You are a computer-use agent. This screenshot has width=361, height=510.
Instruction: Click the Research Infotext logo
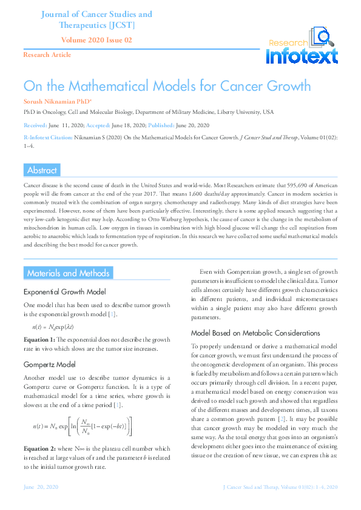pyautogui.click(x=302, y=45)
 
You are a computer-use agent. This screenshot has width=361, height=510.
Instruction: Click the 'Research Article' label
pyautogui.click(x=47, y=55)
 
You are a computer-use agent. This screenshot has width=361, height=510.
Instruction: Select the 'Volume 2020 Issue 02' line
pyautogui.click(x=96, y=40)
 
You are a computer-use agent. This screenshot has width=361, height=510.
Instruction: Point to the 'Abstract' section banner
pyautogui.click(x=42, y=170)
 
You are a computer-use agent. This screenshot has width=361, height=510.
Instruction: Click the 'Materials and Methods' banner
pyautogui.click(x=69, y=273)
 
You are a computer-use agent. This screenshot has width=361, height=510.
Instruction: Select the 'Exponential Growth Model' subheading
pyautogui.click(x=64, y=292)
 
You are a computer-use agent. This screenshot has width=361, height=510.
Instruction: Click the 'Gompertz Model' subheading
pyautogui.click(x=50, y=365)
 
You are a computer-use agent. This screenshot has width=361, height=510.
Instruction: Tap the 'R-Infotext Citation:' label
pyautogui.click(x=50, y=139)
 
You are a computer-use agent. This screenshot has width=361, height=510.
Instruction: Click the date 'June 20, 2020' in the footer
pyautogui.click(x=41, y=487)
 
